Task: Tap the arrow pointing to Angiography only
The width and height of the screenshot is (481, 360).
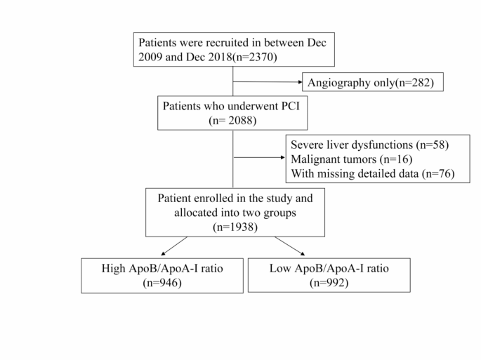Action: pyautogui.click(x=266, y=83)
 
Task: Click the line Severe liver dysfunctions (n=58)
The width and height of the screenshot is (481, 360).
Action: pyautogui.click(x=369, y=145)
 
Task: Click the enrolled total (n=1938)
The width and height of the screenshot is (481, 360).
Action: pyautogui.click(x=235, y=227)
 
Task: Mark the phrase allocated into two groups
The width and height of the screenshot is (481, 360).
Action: pyautogui.click(x=235, y=213)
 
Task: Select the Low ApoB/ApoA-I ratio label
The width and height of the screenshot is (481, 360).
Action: pyautogui.click(x=329, y=269)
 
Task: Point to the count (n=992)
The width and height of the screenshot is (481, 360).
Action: pyautogui.click(x=329, y=283)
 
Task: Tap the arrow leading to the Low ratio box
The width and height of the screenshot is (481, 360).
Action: pyautogui.click(x=290, y=246)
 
